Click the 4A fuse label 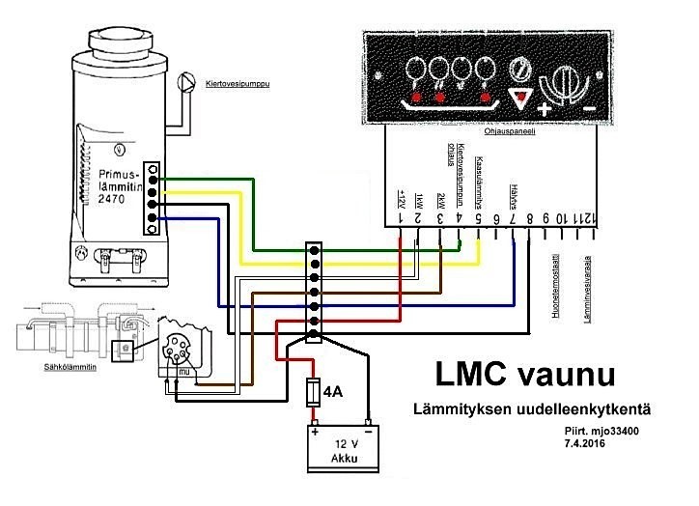332,392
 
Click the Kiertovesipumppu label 238,84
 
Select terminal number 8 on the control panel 529,220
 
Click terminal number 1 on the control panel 401,220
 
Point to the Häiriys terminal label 513,193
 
